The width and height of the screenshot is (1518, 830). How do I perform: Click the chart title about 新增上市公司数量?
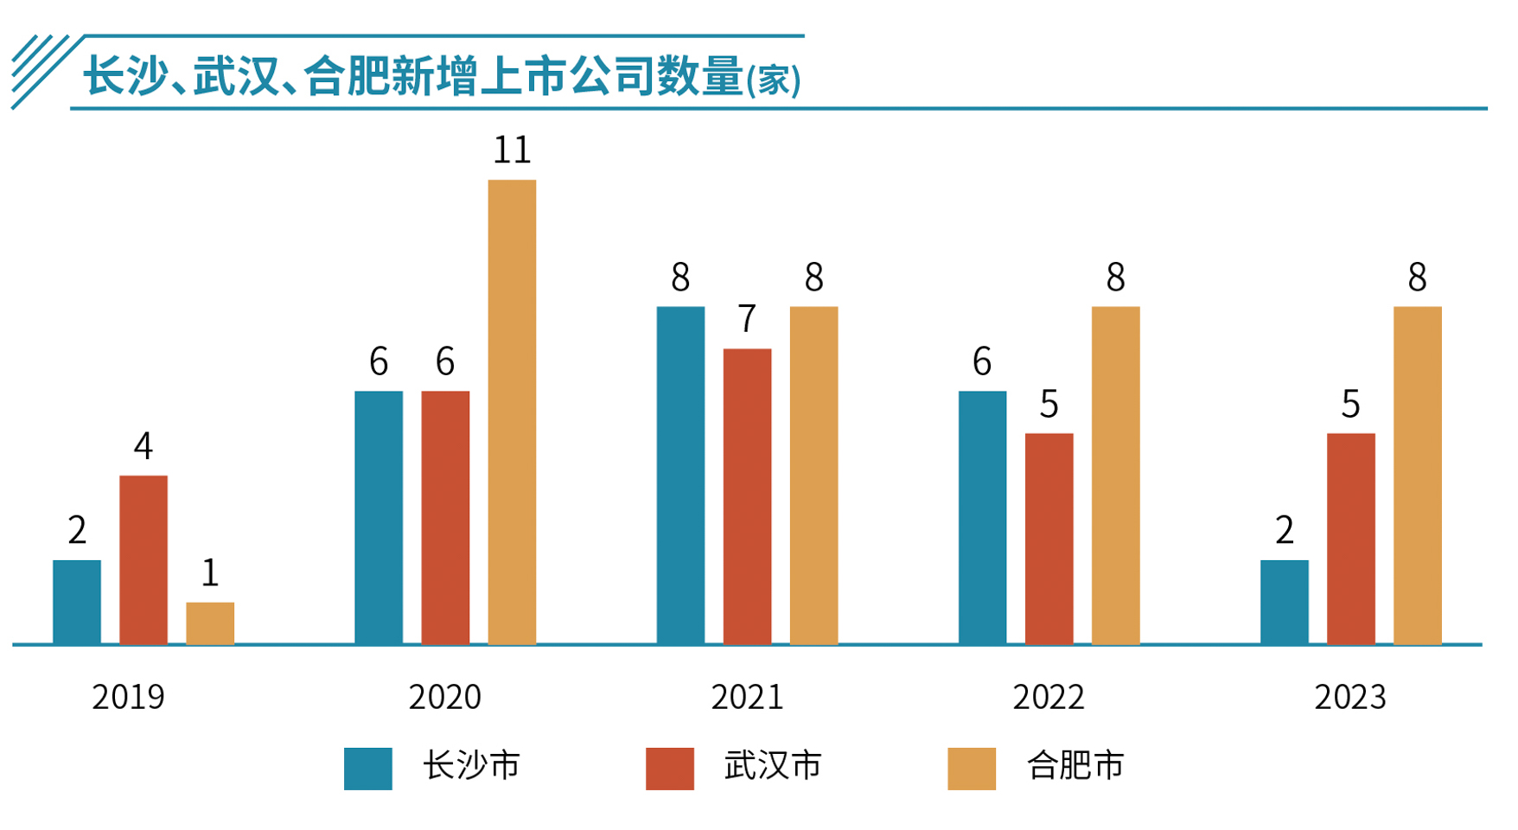(441, 76)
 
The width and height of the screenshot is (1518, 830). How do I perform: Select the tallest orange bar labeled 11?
(512, 412)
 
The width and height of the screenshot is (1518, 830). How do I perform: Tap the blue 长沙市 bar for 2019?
(77, 602)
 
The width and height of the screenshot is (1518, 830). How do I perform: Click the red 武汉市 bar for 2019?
(144, 559)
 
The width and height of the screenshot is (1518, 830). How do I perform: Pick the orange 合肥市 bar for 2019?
(210, 623)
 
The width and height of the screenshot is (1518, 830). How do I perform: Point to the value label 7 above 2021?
(747, 319)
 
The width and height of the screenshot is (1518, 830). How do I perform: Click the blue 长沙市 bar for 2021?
(680, 476)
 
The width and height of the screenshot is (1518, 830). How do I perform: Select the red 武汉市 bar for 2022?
(1049, 539)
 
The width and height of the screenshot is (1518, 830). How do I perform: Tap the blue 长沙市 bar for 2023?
(1284, 602)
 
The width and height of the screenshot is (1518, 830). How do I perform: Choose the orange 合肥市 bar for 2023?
(1417, 476)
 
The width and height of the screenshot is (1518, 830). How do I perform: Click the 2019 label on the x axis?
(128, 697)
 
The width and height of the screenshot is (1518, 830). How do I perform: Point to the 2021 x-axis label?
(747, 697)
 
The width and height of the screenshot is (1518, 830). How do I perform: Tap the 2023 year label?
(1349, 697)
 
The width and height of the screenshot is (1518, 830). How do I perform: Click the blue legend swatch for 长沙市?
(367, 769)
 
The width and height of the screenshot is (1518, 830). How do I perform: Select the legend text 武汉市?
(772, 766)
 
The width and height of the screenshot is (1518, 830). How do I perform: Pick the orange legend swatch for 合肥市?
(971, 769)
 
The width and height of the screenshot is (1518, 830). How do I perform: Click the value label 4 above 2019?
(144, 446)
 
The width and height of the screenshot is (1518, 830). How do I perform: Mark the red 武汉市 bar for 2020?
(445, 517)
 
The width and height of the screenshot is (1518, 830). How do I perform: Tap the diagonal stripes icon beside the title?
(41, 69)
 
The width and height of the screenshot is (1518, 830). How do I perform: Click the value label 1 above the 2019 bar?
(210, 572)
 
